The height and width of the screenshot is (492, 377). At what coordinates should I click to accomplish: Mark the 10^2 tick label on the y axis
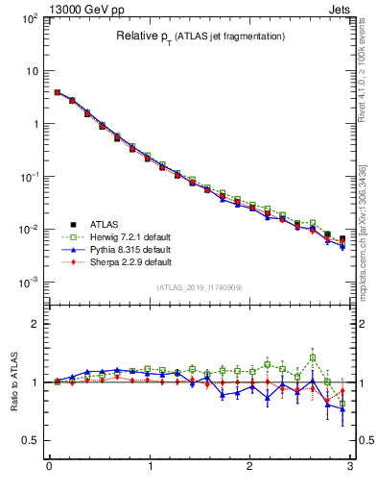click(x=27, y=18)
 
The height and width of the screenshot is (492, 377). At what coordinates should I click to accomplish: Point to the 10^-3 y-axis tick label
click(x=27, y=283)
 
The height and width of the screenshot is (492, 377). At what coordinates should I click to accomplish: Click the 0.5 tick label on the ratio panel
click(x=29, y=440)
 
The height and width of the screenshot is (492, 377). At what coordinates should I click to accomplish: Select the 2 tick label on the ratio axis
click(x=35, y=324)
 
